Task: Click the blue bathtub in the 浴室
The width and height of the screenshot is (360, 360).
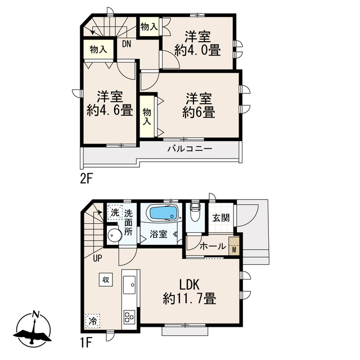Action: tap(164, 213)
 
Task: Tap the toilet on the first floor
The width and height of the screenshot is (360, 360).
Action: tap(195, 211)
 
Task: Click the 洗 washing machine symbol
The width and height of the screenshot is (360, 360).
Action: tap(115, 213)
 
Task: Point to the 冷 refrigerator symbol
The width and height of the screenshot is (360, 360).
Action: tap(92, 321)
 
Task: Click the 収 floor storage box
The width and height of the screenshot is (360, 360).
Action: tap(106, 280)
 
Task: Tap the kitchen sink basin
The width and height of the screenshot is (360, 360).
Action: tap(129, 285)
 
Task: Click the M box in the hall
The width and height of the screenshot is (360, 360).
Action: tap(234, 246)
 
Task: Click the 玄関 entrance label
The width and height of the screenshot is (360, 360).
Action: tap(220, 218)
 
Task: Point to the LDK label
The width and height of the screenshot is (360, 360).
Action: tap(189, 285)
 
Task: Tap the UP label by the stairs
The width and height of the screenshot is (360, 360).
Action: tap(97, 259)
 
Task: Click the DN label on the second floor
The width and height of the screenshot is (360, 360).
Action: tap(126, 44)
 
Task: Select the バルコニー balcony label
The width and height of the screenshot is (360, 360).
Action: tap(190, 149)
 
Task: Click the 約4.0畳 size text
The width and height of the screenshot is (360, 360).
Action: tap(197, 51)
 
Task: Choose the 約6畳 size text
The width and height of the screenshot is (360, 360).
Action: tap(199, 112)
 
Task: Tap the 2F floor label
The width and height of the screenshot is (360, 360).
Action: tap(86, 179)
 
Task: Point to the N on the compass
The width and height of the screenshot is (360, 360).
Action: tap(35, 314)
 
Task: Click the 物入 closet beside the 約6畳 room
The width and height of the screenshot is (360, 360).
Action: tap(147, 116)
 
